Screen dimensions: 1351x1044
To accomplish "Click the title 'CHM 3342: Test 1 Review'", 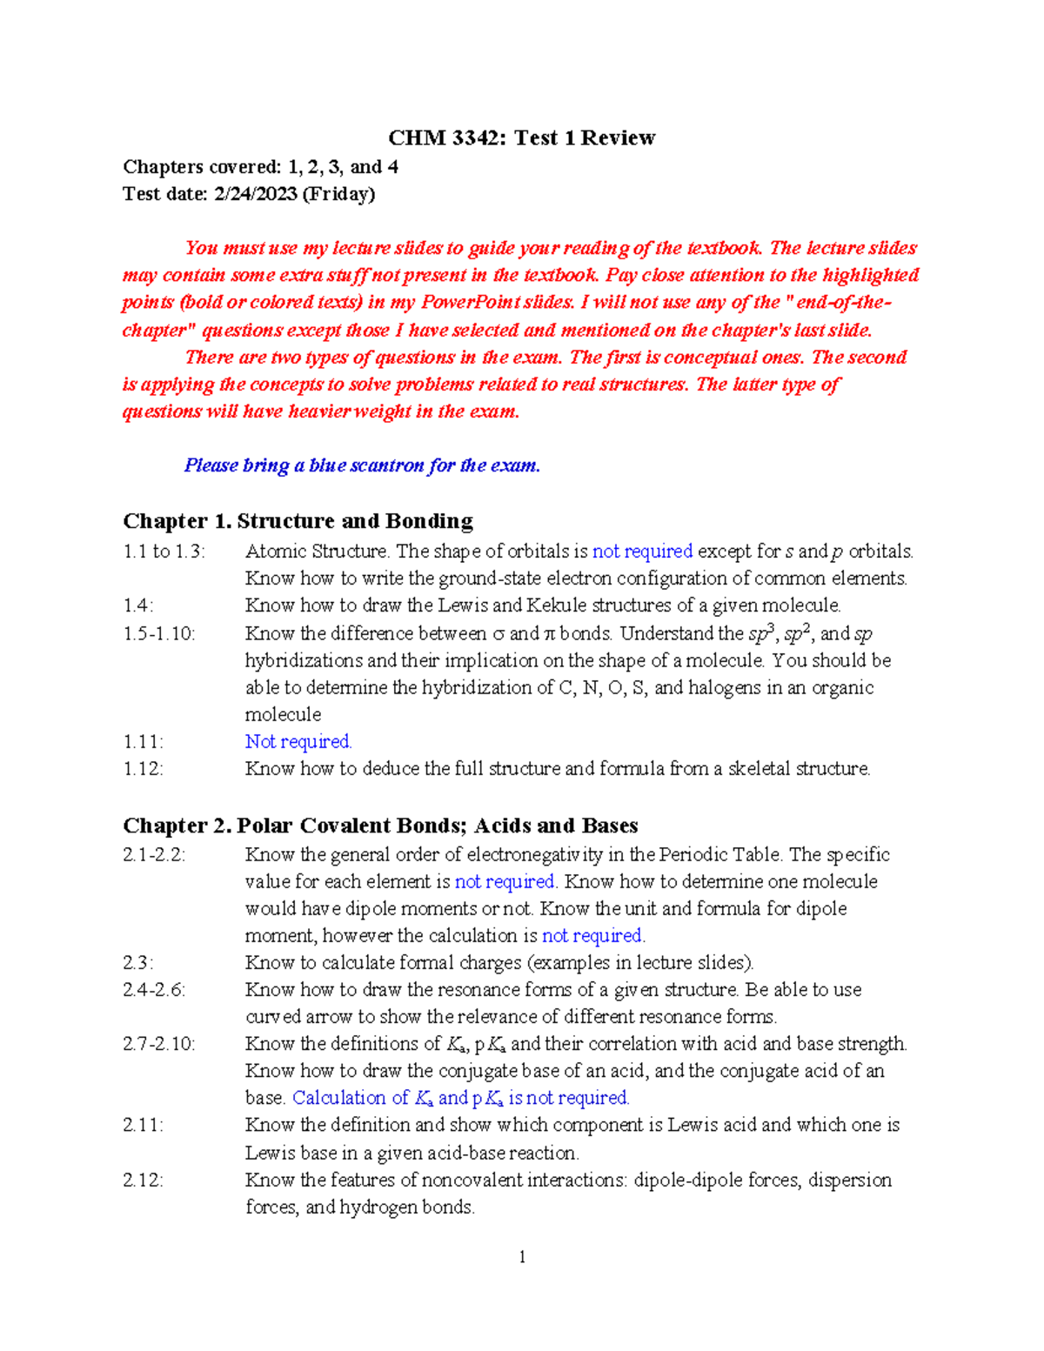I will coord(521,137).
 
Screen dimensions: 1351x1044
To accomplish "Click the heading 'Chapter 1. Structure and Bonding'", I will coord(298,521).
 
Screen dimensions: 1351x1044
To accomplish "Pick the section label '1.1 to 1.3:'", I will coord(164,552).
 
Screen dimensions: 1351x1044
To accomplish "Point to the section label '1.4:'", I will coord(138,605).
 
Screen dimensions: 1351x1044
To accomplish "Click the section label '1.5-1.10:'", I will coord(159,633).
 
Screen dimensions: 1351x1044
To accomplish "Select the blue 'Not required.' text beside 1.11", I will coord(298,741).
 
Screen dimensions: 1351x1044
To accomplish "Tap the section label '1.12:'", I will coord(144,769).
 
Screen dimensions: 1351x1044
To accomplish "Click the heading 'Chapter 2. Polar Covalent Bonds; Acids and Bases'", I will coord(380,826).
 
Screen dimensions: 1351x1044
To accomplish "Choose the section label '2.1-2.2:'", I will coord(154,855).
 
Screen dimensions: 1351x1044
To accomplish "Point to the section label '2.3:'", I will coord(138,963).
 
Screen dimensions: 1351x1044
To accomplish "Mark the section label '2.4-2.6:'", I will coord(154,990).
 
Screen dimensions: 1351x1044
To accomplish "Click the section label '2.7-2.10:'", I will coord(159,1044).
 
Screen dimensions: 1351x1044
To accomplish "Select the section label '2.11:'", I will coord(144,1125).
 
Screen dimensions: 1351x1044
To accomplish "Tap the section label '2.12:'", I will coord(144,1180).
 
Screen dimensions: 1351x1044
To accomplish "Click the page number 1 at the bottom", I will coord(522,1257).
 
